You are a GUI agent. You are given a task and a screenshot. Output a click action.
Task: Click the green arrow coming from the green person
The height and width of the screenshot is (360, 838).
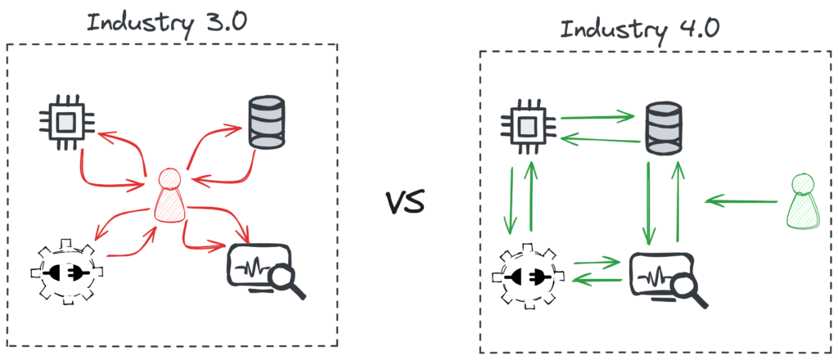click(740, 200)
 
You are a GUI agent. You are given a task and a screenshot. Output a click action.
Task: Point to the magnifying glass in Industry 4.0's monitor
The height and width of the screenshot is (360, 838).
click(689, 288)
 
